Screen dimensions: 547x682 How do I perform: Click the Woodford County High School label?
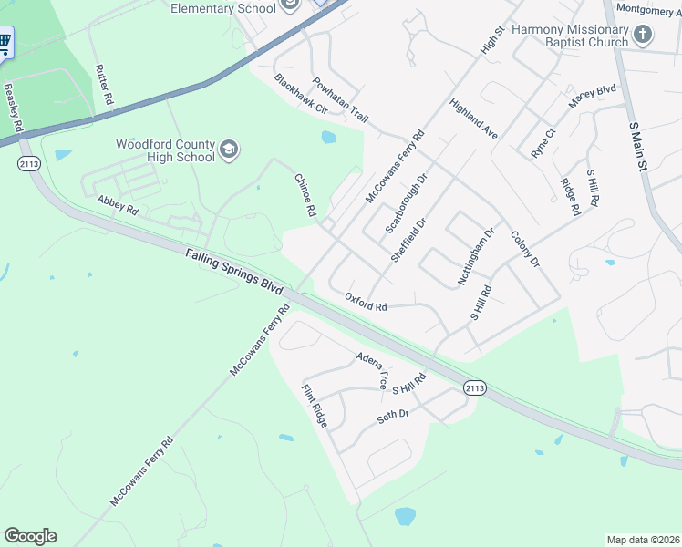(164, 150)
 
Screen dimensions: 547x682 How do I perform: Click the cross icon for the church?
(644, 36)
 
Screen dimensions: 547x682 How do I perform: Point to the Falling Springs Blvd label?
(233, 272)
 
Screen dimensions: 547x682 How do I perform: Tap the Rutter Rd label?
(103, 84)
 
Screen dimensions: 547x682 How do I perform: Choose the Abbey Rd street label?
(117, 203)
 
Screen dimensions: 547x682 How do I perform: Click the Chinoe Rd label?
(305, 195)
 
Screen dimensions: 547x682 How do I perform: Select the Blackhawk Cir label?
(300, 94)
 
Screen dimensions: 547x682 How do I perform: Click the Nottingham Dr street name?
(475, 256)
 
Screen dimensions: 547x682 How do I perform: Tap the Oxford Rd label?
(367, 302)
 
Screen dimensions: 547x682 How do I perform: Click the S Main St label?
(637, 145)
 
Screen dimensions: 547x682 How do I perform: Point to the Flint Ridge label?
(314, 405)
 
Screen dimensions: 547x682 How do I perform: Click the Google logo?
(30, 536)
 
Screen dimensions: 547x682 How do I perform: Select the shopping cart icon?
(4, 41)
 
